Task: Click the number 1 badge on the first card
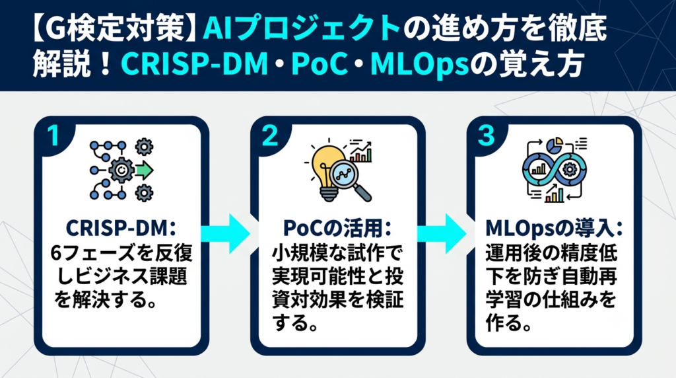(53, 136)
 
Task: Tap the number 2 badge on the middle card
(270, 136)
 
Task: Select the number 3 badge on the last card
(487, 136)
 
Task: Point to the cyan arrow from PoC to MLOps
(442, 233)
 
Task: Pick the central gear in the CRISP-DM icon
(121, 170)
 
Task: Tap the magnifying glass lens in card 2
(345, 174)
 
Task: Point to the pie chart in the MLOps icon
(555, 146)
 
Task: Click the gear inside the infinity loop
(569, 170)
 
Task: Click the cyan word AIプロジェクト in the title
(301, 29)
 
